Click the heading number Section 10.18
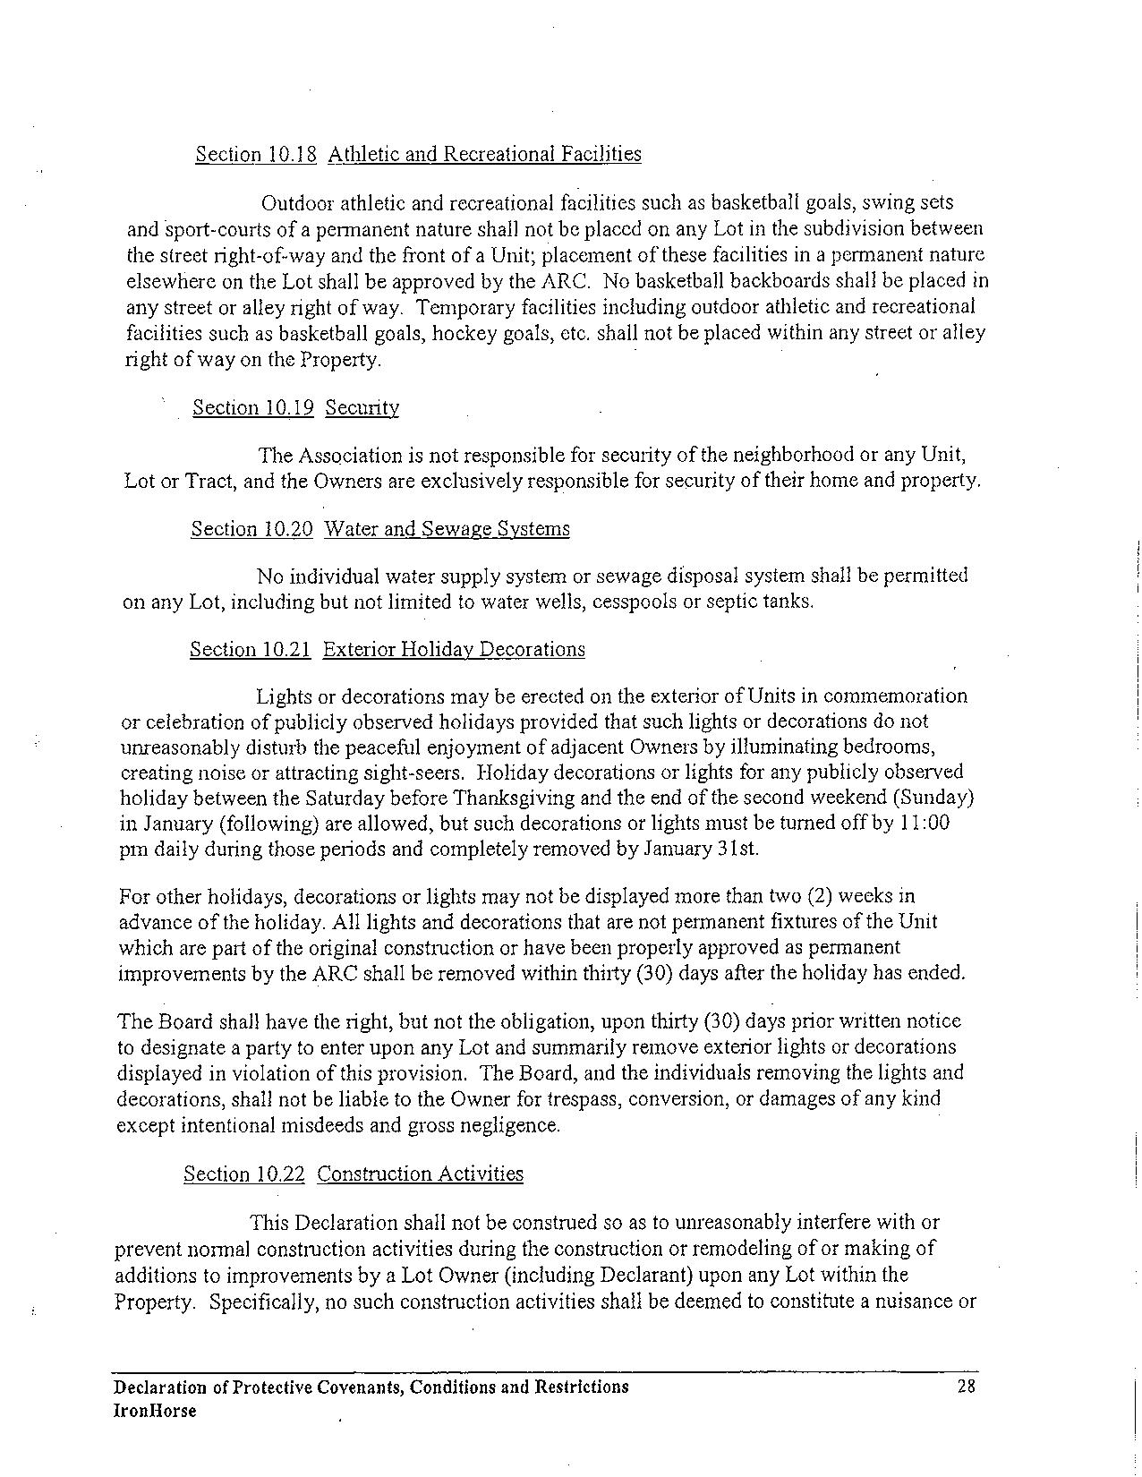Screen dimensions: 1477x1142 [x=256, y=154]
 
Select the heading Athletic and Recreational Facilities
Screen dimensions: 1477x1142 [x=484, y=154]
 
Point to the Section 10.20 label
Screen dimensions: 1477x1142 [x=251, y=528]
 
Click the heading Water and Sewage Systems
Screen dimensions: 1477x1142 [x=447, y=528]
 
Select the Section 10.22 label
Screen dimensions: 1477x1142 [x=244, y=1174]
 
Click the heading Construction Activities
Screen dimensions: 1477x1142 [x=420, y=1174]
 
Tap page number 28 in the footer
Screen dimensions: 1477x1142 [x=965, y=1387]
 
